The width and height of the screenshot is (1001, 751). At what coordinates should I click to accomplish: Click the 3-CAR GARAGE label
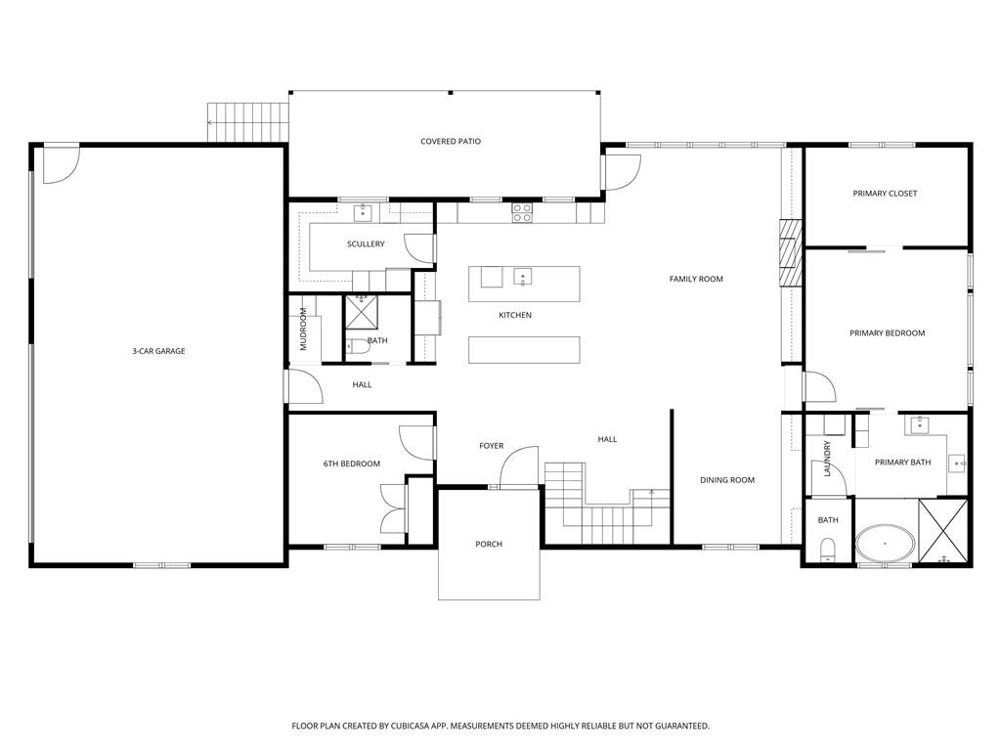[158, 351]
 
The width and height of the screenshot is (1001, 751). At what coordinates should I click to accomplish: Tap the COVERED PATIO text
[451, 142]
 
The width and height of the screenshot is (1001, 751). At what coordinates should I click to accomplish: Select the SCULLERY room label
[366, 244]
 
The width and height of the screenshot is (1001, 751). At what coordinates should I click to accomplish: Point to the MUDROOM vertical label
[303, 330]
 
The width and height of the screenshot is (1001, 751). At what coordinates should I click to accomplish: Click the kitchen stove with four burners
[522, 212]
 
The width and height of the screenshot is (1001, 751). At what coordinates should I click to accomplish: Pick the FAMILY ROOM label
[696, 280]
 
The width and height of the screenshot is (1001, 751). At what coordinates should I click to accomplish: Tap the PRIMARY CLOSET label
[885, 194]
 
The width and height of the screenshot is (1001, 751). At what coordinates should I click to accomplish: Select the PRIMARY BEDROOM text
[887, 333]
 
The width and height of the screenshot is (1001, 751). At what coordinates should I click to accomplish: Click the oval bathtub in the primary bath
[886, 543]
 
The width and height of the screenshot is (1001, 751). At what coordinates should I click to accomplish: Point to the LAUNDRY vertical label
[827, 458]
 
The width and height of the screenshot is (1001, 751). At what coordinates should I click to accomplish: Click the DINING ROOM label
[727, 480]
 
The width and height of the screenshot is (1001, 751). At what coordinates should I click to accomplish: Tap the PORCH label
[489, 544]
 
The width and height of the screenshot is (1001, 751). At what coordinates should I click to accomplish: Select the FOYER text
[491, 446]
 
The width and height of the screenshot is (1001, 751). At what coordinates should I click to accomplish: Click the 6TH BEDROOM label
[352, 464]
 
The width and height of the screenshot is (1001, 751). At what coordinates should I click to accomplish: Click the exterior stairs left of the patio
[250, 122]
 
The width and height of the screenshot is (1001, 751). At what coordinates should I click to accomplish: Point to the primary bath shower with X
[942, 531]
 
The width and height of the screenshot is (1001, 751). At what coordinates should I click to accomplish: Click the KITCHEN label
[515, 315]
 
